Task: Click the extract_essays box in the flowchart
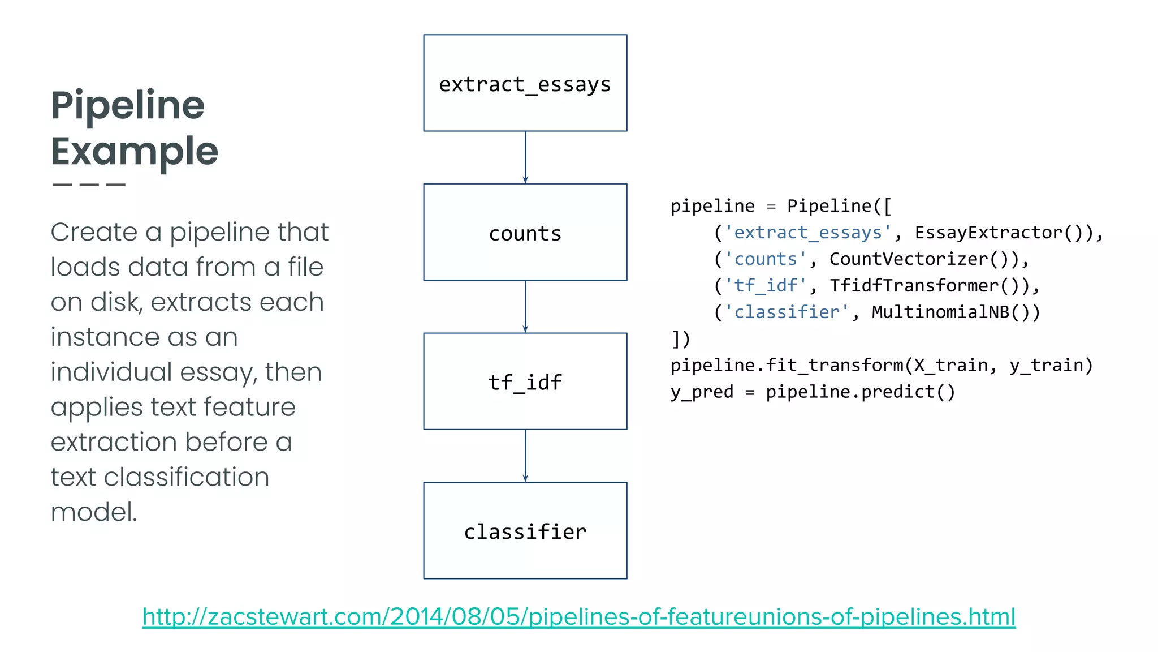(x=525, y=83)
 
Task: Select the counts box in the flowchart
(x=525, y=232)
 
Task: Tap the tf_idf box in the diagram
(x=525, y=381)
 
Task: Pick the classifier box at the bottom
(x=525, y=530)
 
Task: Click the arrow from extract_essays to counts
(x=525, y=157)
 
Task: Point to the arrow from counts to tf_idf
(x=525, y=306)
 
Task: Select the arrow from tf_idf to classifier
(x=525, y=456)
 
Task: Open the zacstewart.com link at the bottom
(x=578, y=616)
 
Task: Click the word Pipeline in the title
(x=128, y=105)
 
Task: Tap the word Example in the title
(x=135, y=151)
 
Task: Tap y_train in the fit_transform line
(x=1045, y=366)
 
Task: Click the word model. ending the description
(x=94, y=512)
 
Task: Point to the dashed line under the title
(x=89, y=185)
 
